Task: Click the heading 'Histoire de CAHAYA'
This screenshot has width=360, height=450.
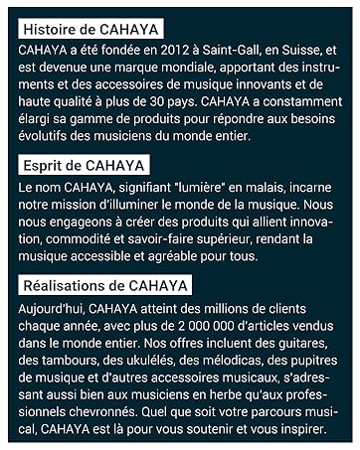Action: tap(89, 28)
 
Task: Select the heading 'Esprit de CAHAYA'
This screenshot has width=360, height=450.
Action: tap(83, 165)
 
